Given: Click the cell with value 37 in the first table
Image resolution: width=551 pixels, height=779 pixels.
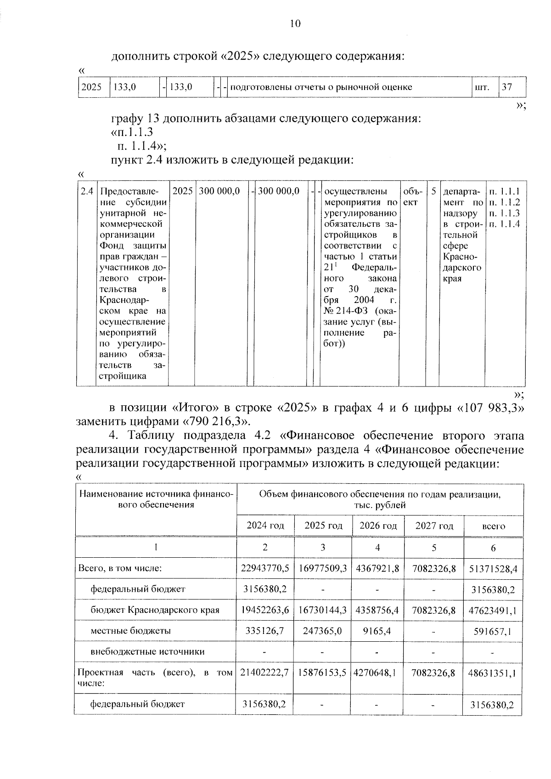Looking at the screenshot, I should point(506,87).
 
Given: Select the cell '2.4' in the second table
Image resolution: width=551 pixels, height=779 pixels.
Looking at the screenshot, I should point(86,191).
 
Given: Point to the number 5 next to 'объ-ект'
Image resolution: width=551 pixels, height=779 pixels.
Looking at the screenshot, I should point(433,191).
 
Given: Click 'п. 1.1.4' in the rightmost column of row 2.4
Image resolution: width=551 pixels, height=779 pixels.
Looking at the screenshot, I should point(504,224).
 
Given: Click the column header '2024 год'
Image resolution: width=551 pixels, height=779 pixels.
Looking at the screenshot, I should point(265,526).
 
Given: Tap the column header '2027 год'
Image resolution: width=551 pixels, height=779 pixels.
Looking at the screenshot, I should point(434,526).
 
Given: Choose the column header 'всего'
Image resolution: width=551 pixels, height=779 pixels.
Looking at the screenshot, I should point(494,526).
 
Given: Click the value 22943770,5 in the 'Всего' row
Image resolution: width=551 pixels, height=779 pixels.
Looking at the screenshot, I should point(265,568).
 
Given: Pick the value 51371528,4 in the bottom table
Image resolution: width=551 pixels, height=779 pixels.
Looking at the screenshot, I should point(493,569).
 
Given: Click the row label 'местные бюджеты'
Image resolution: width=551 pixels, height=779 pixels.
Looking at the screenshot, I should point(131,631).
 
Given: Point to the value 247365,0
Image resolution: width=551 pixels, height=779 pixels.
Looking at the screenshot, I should point(322,631).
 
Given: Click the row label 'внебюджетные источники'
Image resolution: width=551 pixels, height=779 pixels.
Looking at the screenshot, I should point(147,651).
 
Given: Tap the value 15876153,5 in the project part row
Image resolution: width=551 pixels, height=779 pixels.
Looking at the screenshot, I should point(322,673).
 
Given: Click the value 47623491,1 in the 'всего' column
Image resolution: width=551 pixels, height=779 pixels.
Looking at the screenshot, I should point(493,611).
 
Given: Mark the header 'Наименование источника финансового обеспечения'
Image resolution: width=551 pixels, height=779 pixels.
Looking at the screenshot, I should point(156,499).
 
